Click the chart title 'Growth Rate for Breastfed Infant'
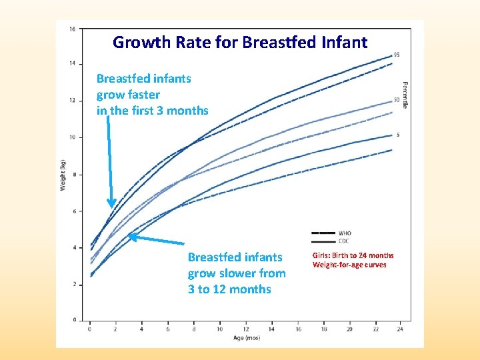(240, 43)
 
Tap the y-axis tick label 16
(72, 29)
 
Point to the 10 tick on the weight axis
(72, 137)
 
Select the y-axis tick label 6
(73, 211)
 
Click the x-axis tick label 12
(245, 329)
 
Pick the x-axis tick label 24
(401, 329)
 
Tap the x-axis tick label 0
(90, 329)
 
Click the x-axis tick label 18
(323, 329)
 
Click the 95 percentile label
(397, 55)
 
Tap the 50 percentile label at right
(397, 101)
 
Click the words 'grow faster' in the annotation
(128, 95)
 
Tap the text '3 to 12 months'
(229, 289)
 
